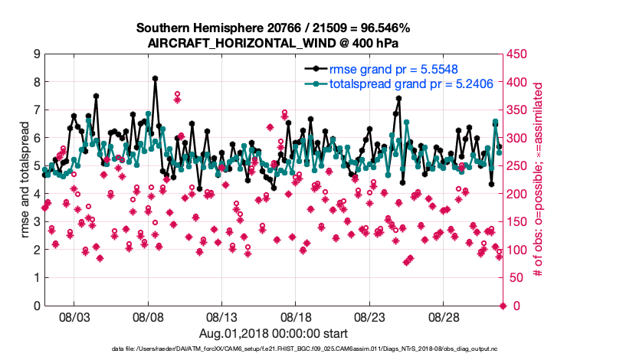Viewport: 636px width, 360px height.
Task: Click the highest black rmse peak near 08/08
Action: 155,78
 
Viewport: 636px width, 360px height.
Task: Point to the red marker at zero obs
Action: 503,306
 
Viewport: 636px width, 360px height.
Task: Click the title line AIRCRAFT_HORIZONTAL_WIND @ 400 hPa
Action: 274,43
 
